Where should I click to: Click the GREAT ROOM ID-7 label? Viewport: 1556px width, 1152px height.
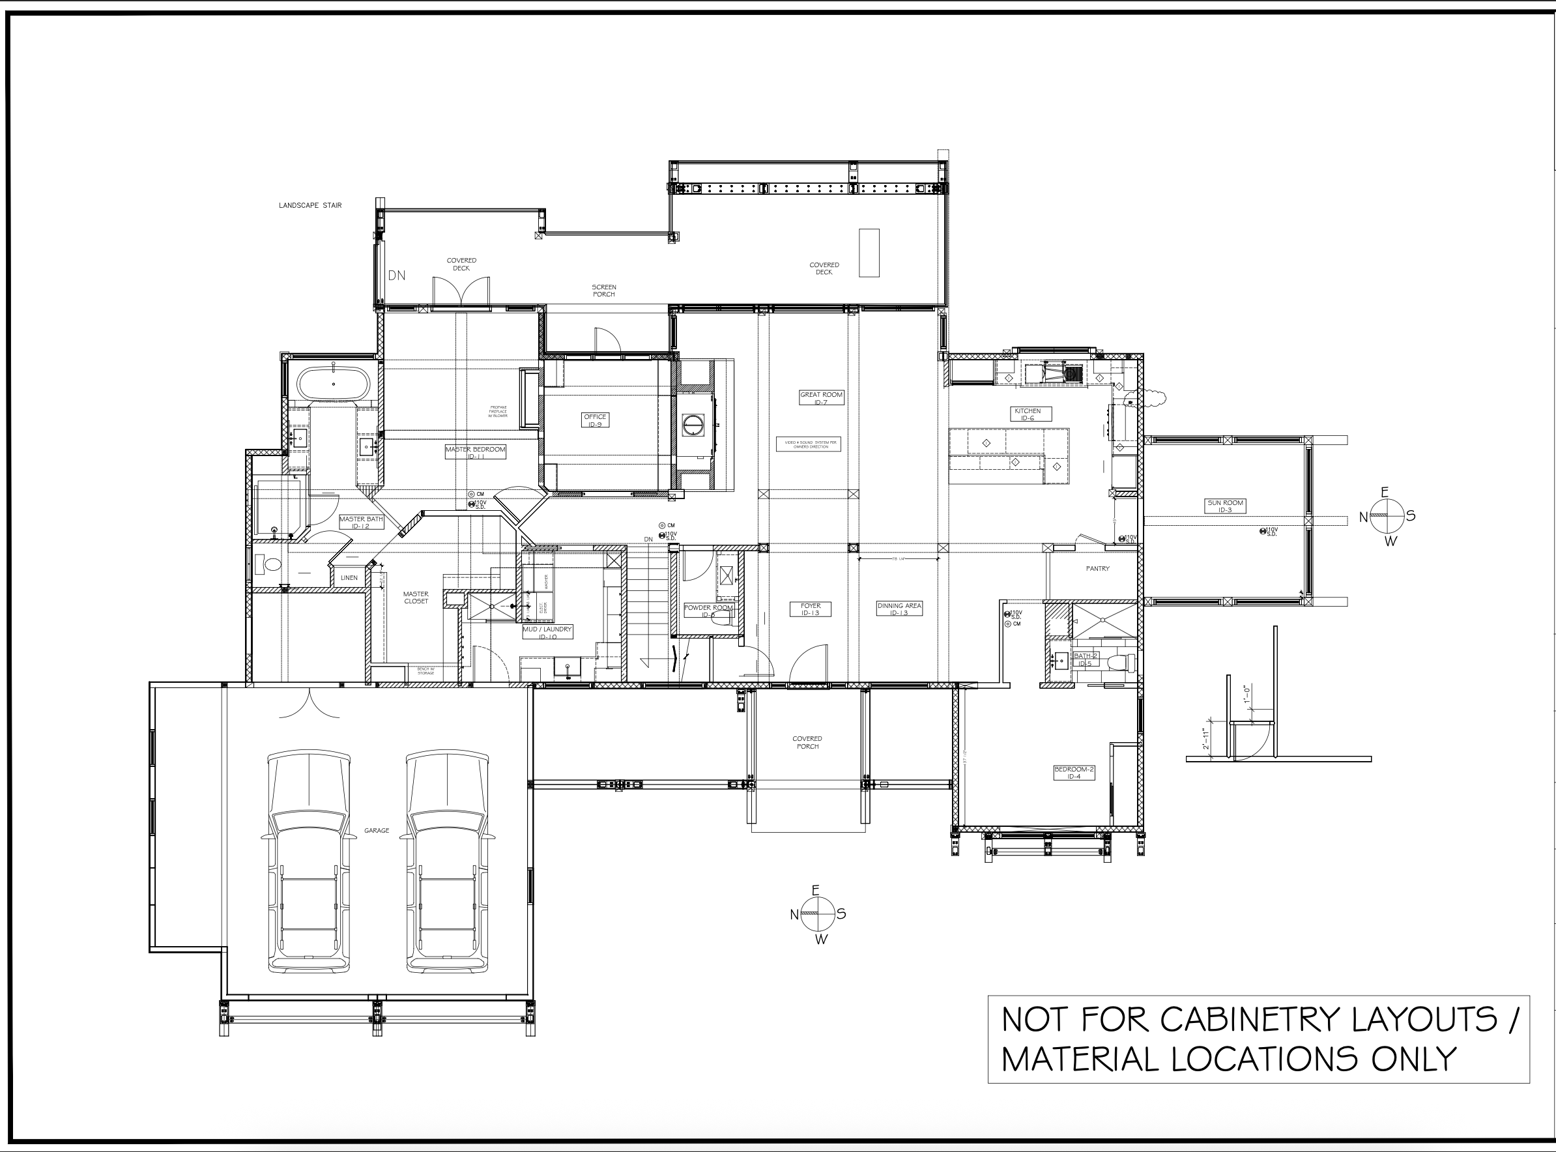(821, 398)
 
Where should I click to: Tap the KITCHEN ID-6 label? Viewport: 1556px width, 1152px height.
(1028, 414)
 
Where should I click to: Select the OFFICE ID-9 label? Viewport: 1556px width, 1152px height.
(595, 420)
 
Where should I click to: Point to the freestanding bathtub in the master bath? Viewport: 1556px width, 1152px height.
(333, 384)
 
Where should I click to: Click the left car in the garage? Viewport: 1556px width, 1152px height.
(308, 862)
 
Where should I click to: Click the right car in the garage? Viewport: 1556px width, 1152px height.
(447, 862)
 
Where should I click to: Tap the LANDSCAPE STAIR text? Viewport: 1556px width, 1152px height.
(310, 206)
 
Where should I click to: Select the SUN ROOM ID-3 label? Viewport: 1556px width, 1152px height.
(1226, 506)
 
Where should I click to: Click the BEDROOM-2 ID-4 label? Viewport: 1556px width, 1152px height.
(1074, 773)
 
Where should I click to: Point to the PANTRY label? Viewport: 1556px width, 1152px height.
(1097, 569)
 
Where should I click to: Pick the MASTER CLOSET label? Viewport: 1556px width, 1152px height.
(416, 598)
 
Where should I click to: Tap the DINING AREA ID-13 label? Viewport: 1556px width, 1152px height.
(899, 609)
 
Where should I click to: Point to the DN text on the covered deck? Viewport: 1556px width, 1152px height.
(396, 276)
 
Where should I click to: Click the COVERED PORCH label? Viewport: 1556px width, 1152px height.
(807, 742)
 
